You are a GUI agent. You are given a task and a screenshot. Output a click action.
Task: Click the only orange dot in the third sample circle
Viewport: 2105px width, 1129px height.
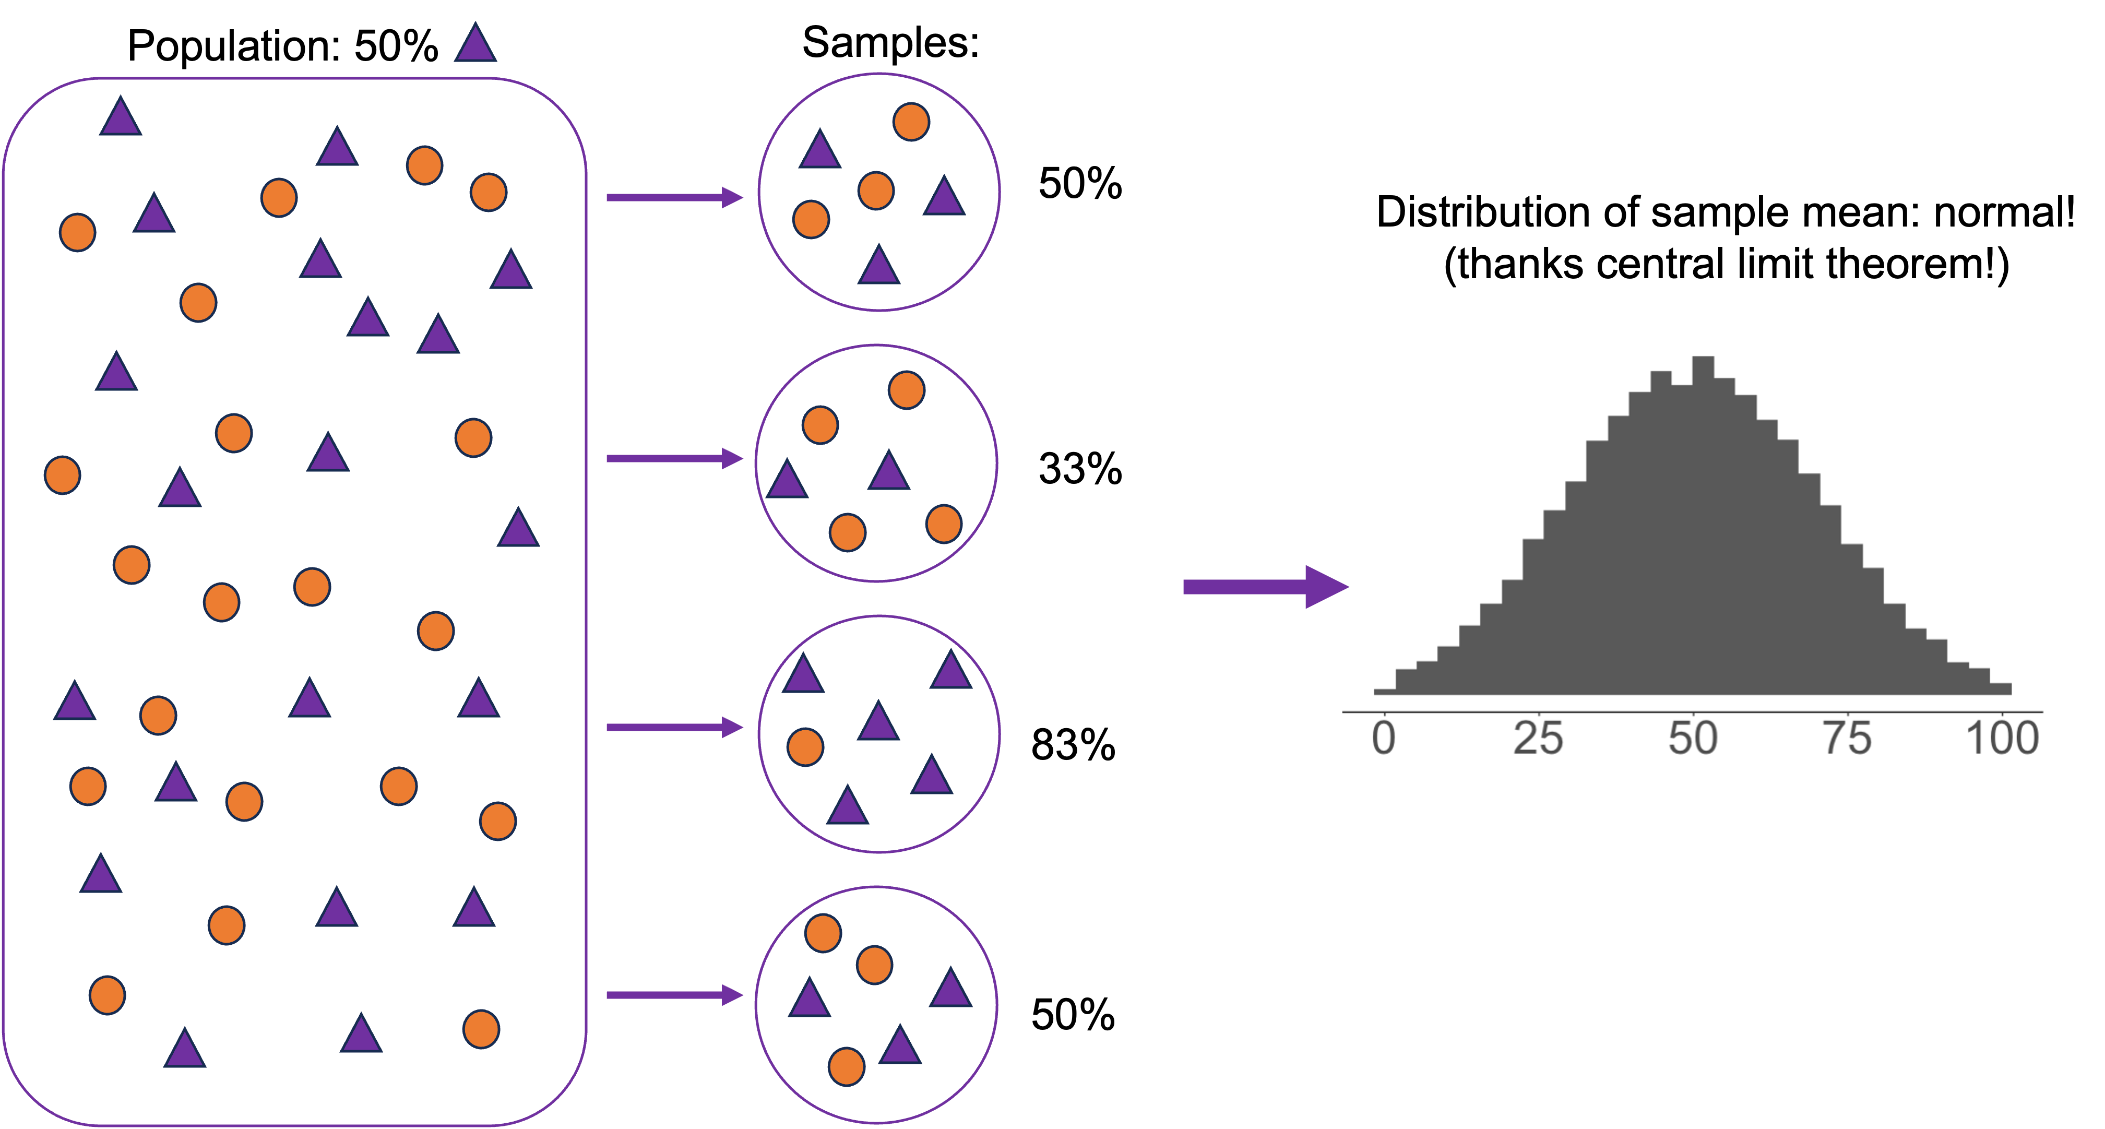(x=805, y=747)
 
